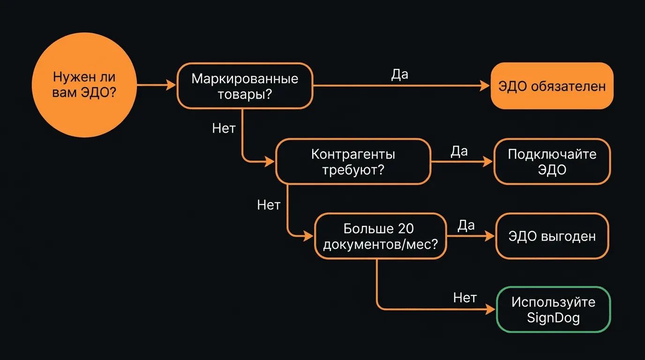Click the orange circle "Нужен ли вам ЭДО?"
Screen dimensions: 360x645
[x=84, y=85]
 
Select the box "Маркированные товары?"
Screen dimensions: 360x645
[x=245, y=86]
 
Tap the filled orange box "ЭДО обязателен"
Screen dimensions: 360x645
[x=552, y=86]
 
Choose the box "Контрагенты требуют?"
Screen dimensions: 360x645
[x=352, y=161]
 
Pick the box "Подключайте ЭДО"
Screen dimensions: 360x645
[x=552, y=161]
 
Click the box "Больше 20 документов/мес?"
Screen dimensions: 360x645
[x=380, y=236]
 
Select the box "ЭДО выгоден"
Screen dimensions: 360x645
[x=552, y=236]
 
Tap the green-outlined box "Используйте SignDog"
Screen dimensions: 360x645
[x=553, y=309]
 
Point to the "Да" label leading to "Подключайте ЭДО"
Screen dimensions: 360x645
[x=459, y=151]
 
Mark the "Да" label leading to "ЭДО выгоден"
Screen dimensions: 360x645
[x=466, y=225]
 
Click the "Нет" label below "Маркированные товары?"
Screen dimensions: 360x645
[x=224, y=128]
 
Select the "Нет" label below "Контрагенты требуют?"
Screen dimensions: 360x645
[x=269, y=205]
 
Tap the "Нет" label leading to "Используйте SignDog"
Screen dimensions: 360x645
[x=465, y=298]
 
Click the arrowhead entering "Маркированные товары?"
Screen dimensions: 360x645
[x=171, y=85]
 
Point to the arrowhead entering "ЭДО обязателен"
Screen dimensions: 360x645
[x=485, y=86]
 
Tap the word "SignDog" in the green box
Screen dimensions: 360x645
[x=553, y=318]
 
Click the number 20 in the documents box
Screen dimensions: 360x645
[x=405, y=229]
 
